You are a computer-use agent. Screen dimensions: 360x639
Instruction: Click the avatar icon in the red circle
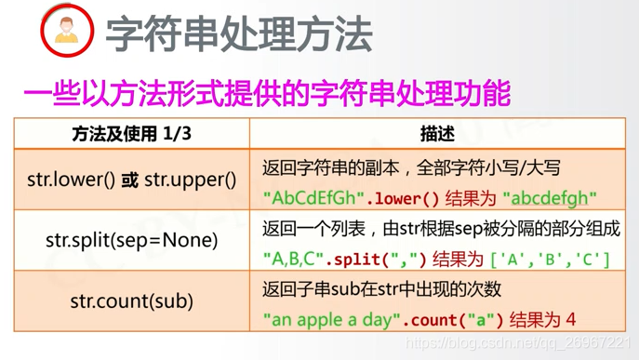pos(67,30)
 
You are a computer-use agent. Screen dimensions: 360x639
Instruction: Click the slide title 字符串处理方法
pos(238,33)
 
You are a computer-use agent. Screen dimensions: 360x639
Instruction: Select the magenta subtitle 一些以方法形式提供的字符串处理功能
pos(267,94)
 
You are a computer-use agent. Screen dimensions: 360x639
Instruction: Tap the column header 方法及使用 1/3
pos(131,134)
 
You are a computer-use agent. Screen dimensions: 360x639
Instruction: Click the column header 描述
pos(437,134)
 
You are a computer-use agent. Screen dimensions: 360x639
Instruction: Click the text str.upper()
pos(191,180)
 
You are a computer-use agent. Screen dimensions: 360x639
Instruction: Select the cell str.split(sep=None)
pos(131,240)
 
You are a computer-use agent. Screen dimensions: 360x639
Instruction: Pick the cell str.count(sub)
pos(131,300)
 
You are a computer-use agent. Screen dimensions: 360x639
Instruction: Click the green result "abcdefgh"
pos(550,198)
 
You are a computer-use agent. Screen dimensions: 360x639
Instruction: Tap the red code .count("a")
pos(453,320)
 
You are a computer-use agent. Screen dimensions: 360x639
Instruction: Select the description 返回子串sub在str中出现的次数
pos(381,288)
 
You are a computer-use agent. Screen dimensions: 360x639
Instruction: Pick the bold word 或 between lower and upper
pos(130,180)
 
